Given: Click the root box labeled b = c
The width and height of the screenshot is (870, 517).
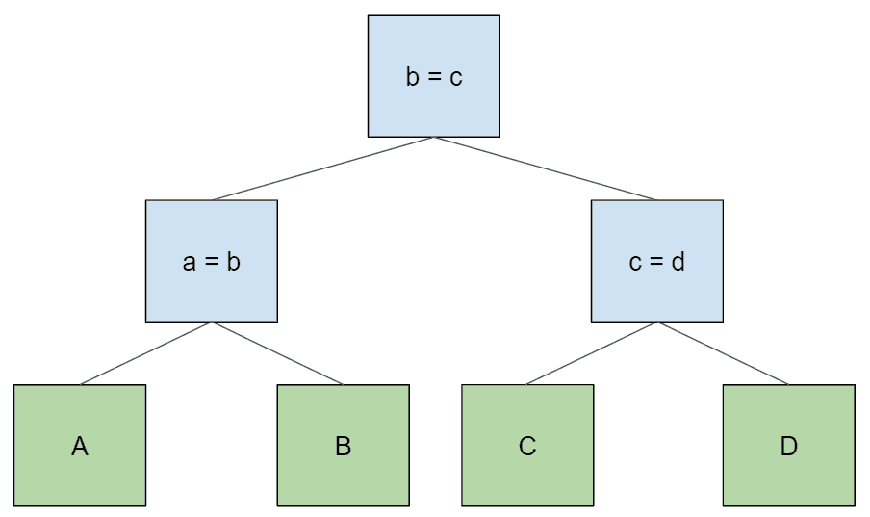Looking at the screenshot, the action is click(434, 76).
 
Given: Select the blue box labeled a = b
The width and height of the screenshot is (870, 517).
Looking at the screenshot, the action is click(212, 261).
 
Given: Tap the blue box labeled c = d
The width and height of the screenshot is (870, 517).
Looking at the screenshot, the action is click(657, 261).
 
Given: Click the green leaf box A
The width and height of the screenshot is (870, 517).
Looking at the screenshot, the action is click(80, 446).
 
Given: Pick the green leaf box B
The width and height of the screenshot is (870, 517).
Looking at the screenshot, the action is click(344, 446).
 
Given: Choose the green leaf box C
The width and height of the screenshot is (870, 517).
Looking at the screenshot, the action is click(527, 446).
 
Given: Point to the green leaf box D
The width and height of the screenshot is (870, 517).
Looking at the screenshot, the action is click(789, 446).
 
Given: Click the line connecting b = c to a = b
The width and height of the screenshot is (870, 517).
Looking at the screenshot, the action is click(322, 168).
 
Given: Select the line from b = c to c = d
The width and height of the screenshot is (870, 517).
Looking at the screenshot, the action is click(546, 168).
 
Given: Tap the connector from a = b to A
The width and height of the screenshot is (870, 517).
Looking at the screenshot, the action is click(146, 353).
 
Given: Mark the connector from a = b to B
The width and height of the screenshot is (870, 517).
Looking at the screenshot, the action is click(277, 353).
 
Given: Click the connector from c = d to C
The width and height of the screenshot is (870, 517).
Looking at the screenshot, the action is click(592, 353).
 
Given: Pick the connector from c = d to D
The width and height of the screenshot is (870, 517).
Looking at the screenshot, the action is click(723, 353).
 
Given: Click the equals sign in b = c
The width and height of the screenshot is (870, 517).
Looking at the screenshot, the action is click(434, 77).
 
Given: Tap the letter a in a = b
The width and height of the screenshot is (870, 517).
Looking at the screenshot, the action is click(190, 263).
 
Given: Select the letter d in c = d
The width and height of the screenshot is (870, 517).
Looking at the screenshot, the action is click(678, 261).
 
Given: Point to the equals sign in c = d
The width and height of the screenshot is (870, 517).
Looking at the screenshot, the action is click(656, 262).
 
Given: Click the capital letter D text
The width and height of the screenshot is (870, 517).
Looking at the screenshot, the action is click(789, 446).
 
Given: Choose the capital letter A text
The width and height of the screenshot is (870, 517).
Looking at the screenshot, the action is click(80, 446).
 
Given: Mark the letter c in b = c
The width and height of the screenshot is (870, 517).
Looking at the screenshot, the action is click(455, 78).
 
